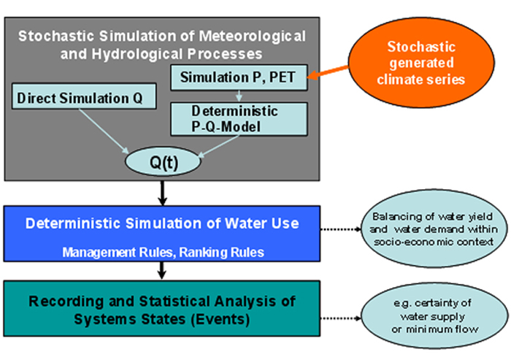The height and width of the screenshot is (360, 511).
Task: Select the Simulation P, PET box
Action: [x=238, y=77]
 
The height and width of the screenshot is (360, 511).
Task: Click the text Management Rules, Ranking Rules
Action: [x=163, y=251]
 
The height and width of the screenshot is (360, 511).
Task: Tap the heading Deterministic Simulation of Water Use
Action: [x=162, y=223]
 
